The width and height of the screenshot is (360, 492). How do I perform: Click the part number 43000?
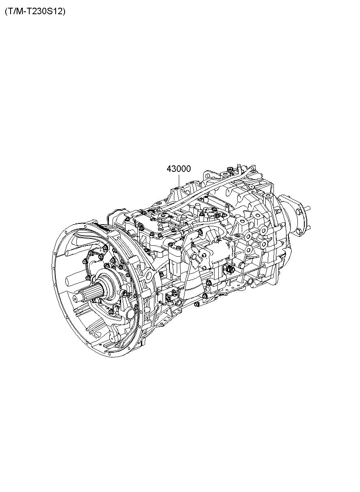[x=178, y=169]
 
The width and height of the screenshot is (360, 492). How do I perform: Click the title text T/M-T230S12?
[x=35, y=11]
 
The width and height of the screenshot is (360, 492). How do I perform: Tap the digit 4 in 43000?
[x=169, y=169]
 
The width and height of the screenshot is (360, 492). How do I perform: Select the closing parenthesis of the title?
[x=64, y=12]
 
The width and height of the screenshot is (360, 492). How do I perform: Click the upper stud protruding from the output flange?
[x=307, y=207]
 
